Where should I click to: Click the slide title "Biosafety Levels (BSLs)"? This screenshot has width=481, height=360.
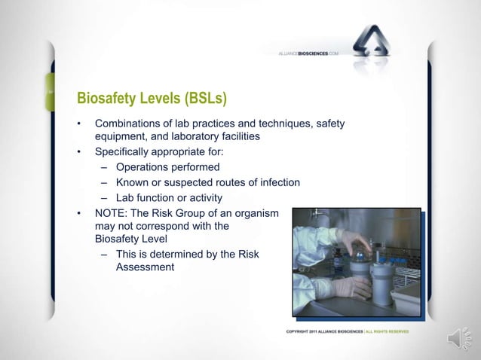[152, 99]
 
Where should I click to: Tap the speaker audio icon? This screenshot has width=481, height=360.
[459, 339]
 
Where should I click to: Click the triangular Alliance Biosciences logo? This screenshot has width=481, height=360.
[376, 46]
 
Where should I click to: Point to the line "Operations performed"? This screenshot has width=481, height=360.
[167, 167]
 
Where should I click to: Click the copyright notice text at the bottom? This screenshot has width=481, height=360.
[347, 331]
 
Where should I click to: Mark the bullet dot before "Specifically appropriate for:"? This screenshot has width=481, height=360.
[78, 152]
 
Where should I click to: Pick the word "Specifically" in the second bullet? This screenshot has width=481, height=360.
[123, 152]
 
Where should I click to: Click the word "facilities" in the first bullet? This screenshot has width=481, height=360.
[237, 137]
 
